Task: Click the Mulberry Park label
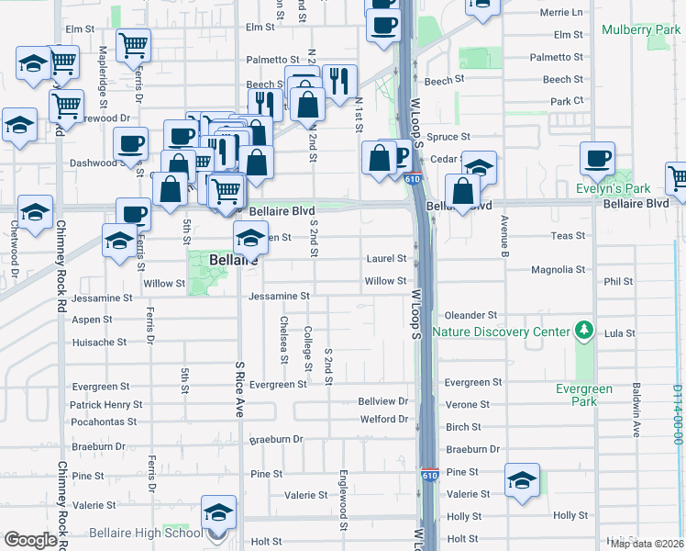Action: [x=641, y=30]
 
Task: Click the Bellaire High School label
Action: [x=146, y=534]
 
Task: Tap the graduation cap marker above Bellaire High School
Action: [x=219, y=512]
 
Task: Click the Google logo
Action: [x=30, y=540]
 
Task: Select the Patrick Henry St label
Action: [x=106, y=404]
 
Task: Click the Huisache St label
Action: [x=99, y=343]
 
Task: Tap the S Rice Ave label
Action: [x=240, y=390]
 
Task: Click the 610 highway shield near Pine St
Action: [x=430, y=475]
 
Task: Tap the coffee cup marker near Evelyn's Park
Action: [x=597, y=158]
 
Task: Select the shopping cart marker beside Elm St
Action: [x=134, y=44]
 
